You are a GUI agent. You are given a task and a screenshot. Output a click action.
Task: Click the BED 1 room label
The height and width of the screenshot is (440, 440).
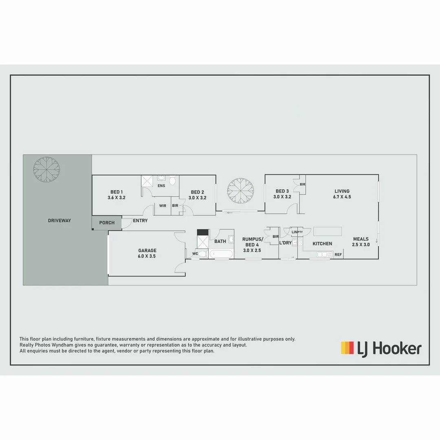[x=117, y=195]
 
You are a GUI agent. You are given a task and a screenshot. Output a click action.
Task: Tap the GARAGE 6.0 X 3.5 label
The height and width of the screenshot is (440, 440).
[x=147, y=253]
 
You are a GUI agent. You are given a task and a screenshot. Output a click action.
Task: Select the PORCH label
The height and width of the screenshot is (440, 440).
[x=107, y=223]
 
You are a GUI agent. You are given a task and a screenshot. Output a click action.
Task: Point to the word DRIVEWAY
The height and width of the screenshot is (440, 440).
[x=59, y=220]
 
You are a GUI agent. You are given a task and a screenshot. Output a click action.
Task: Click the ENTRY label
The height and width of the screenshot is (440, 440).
[x=140, y=221]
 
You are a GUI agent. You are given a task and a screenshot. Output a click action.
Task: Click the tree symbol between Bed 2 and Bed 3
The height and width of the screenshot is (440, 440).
[x=241, y=191]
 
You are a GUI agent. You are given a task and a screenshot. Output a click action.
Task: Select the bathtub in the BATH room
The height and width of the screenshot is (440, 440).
[x=221, y=254]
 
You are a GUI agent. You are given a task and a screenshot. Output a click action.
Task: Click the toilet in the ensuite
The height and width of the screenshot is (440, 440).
[x=173, y=180]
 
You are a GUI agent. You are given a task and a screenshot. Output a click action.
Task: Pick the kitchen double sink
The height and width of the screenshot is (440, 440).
[x=325, y=255]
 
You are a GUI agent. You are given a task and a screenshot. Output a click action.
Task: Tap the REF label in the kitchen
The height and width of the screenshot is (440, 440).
[x=338, y=255]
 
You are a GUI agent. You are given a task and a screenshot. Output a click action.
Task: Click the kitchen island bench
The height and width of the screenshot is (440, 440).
[x=328, y=231]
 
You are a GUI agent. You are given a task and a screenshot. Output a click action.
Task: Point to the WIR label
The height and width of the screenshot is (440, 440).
[x=163, y=206]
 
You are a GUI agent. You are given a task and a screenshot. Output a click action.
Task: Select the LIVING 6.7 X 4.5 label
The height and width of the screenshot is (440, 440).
[x=342, y=194]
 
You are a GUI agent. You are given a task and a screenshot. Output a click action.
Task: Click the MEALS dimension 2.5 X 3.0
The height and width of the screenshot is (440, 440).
[x=361, y=245]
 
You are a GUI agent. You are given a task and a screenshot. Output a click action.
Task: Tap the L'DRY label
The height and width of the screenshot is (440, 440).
[x=285, y=243]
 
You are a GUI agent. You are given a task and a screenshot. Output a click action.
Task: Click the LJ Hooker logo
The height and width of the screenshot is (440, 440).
[x=381, y=349]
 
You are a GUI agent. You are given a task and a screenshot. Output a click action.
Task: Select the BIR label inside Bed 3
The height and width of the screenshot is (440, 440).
[x=302, y=185]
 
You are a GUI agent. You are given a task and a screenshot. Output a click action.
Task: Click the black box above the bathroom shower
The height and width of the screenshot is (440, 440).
[x=202, y=233]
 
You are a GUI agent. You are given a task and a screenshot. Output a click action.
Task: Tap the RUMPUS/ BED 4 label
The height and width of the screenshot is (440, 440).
[x=253, y=245]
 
